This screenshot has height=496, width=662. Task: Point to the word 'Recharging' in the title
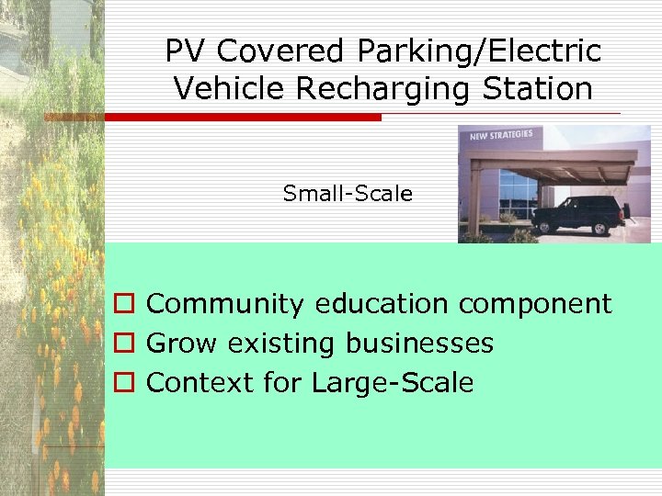point(361,89)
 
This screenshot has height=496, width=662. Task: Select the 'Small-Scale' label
point(348,194)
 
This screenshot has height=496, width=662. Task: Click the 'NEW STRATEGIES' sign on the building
point(501,136)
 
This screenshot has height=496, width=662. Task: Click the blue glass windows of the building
point(518,193)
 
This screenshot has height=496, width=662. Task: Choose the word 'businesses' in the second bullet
point(419,344)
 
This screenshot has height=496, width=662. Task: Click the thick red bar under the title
point(243,118)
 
